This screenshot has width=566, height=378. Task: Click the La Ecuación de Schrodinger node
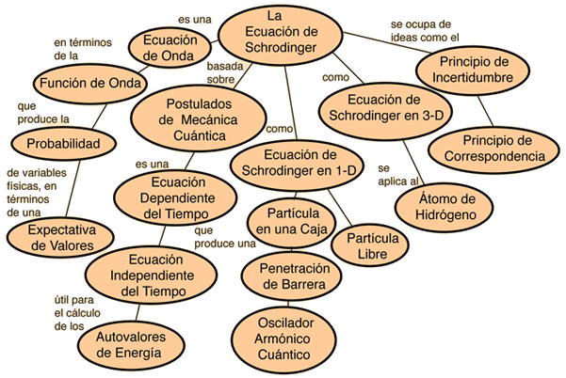(x=280, y=35)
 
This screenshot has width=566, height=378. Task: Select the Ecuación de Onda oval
(x=170, y=48)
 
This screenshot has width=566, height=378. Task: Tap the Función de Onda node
(x=90, y=84)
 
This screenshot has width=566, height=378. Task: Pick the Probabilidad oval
(x=63, y=144)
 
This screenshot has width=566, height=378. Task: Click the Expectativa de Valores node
(x=60, y=238)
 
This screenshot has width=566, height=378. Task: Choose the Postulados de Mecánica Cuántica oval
(x=198, y=119)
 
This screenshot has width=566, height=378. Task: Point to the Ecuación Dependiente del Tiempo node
(x=175, y=197)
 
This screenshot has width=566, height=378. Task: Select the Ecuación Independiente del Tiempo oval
(x=152, y=276)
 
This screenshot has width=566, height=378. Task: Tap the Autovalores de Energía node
(x=131, y=345)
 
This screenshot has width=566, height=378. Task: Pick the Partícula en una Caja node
(x=292, y=222)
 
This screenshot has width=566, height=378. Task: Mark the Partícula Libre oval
(x=370, y=245)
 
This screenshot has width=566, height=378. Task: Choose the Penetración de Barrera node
(x=292, y=276)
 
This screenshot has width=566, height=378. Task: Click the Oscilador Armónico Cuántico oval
(x=284, y=339)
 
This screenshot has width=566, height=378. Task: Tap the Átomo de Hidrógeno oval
(x=444, y=208)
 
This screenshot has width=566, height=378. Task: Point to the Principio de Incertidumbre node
(x=473, y=71)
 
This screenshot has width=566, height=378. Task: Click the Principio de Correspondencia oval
(x=493, y=150)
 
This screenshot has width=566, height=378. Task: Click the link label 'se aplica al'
(x=397, y=175)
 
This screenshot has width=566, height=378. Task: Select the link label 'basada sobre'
(x=224, y=72)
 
